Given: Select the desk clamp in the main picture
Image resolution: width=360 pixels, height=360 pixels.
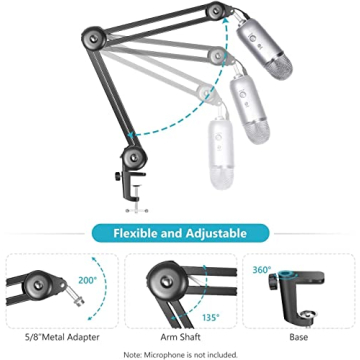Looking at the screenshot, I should [x=134, y=185].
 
